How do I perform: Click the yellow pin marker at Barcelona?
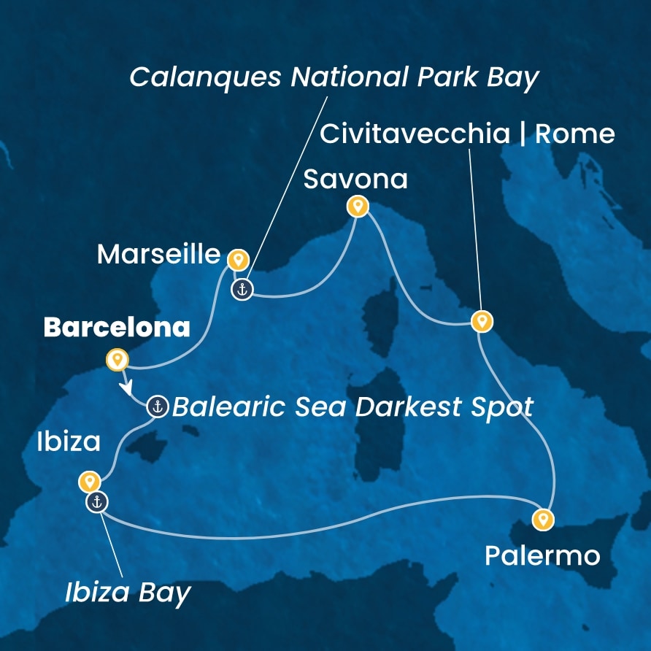117,359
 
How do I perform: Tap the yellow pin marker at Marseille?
237,260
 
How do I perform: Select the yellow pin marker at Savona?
357,207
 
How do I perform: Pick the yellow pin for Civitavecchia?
480,320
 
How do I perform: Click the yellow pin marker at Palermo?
542,519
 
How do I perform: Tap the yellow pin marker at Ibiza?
89,481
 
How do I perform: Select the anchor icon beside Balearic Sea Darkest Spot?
157,406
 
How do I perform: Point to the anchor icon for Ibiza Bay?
96,502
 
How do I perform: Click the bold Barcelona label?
117,328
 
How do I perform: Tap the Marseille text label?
158,254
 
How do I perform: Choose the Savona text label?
355,180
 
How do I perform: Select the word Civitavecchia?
415,134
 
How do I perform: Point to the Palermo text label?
542,556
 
